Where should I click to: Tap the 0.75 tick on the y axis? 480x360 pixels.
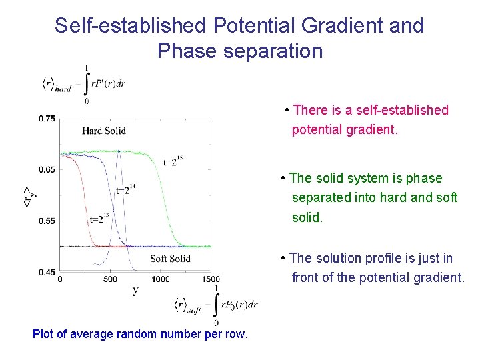pos(47,119)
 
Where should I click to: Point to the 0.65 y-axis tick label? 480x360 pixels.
pos(47,170)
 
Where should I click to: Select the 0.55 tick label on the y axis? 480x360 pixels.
pos(47,221)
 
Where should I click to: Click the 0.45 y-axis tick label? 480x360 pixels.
pos(47,272)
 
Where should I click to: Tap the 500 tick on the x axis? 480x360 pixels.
pos(110,279)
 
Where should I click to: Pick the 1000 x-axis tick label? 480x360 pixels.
pos(160,279)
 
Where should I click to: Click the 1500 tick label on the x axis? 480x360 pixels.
pos(210,279)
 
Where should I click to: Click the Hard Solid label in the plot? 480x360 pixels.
pos(104,131)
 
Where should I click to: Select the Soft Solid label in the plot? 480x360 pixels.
pos(170,259)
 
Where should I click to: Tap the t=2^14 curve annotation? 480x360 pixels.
pos(122,189)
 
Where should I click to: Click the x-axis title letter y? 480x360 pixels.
pos(135,290)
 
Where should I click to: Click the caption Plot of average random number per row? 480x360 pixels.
pos(140,334)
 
